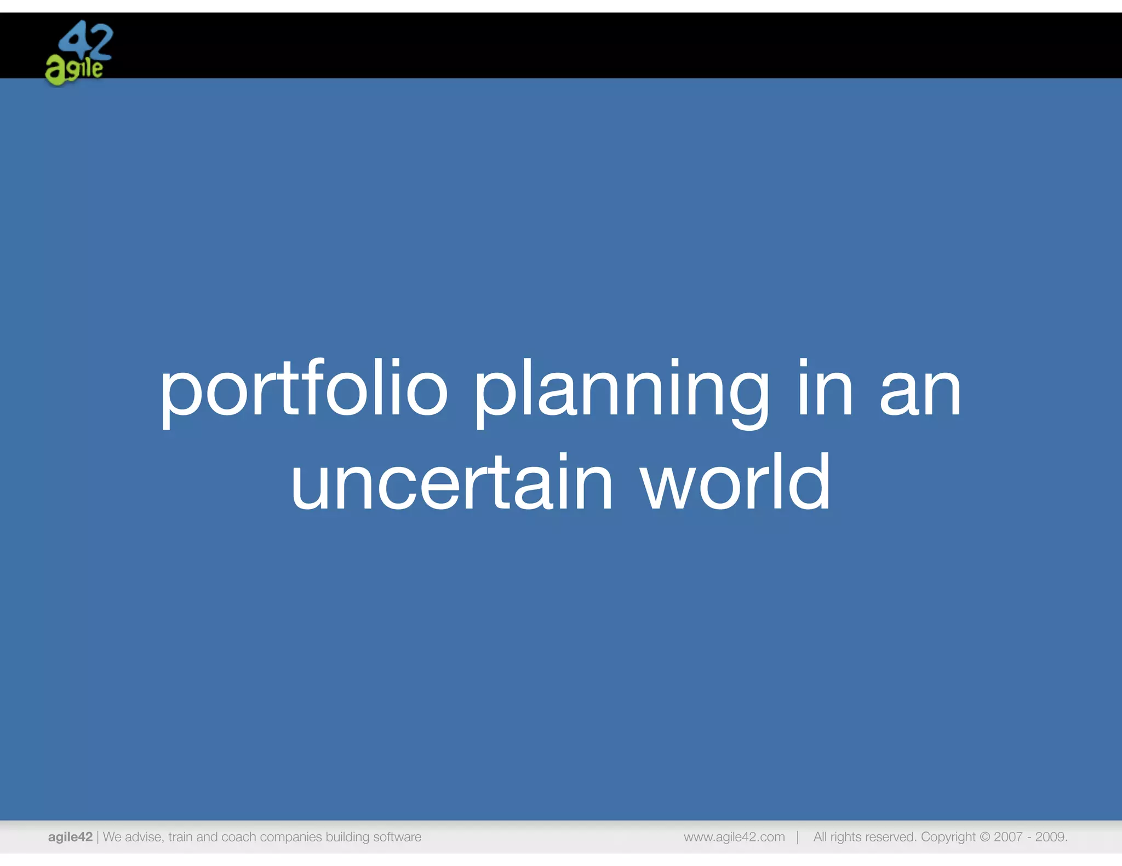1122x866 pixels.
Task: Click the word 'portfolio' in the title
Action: coord(304,390)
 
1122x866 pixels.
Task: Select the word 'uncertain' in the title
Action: coord(451,483)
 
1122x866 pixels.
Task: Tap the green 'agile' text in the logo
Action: coord(74,71)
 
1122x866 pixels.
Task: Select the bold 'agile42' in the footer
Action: coord(70,836)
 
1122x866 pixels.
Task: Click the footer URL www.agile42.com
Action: coord(734,836)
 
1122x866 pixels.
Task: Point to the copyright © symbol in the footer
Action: coord(984,836)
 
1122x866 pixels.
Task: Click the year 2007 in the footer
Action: coord(1008,836)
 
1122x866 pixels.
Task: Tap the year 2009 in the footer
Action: coord(1050,836)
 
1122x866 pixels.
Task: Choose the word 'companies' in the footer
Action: coord(290,836)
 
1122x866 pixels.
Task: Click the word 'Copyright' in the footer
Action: coord(948,836)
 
